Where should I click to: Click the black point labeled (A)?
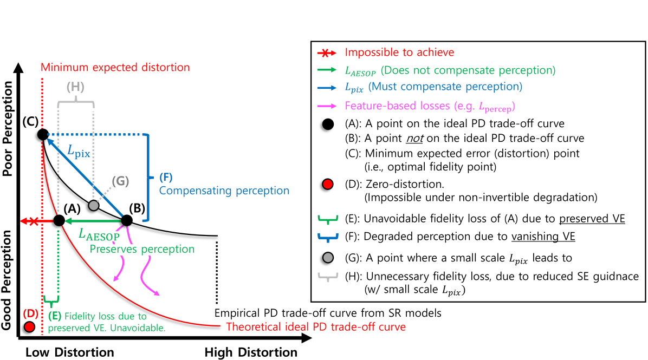pyautogui.click(x=59, y=220)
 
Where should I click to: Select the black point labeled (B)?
pyautogui.click(x=126, y=220)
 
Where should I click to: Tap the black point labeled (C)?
pyautogui.click(x=43, y=134)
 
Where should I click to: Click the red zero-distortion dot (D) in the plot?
pyautogui.click(x=30, y=326)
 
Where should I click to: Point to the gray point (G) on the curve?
pyautogui.click(x=94, y=205)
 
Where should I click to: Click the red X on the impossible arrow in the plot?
pyautogui.click(x=34, y=221)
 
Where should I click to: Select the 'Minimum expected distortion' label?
pyautogui.click(x=115, y=68)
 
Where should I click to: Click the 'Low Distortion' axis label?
pyautogui.click(x=69, y=352)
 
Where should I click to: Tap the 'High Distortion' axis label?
pyautogui.click(x=251, y=352)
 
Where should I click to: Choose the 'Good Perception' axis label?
pyautogui.click(x=8, y=280)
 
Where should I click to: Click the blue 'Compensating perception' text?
pyautogui.click(x=224, y=191)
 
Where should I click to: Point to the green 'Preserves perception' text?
pyautogui.click(x=142, y=250)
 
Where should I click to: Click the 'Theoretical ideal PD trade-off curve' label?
pyautogui.click(x=316, y=327)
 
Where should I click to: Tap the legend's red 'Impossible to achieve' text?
pyautogui.click(x=399, y=53)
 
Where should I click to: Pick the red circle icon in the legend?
pyautogui.click(x=327, y=186)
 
